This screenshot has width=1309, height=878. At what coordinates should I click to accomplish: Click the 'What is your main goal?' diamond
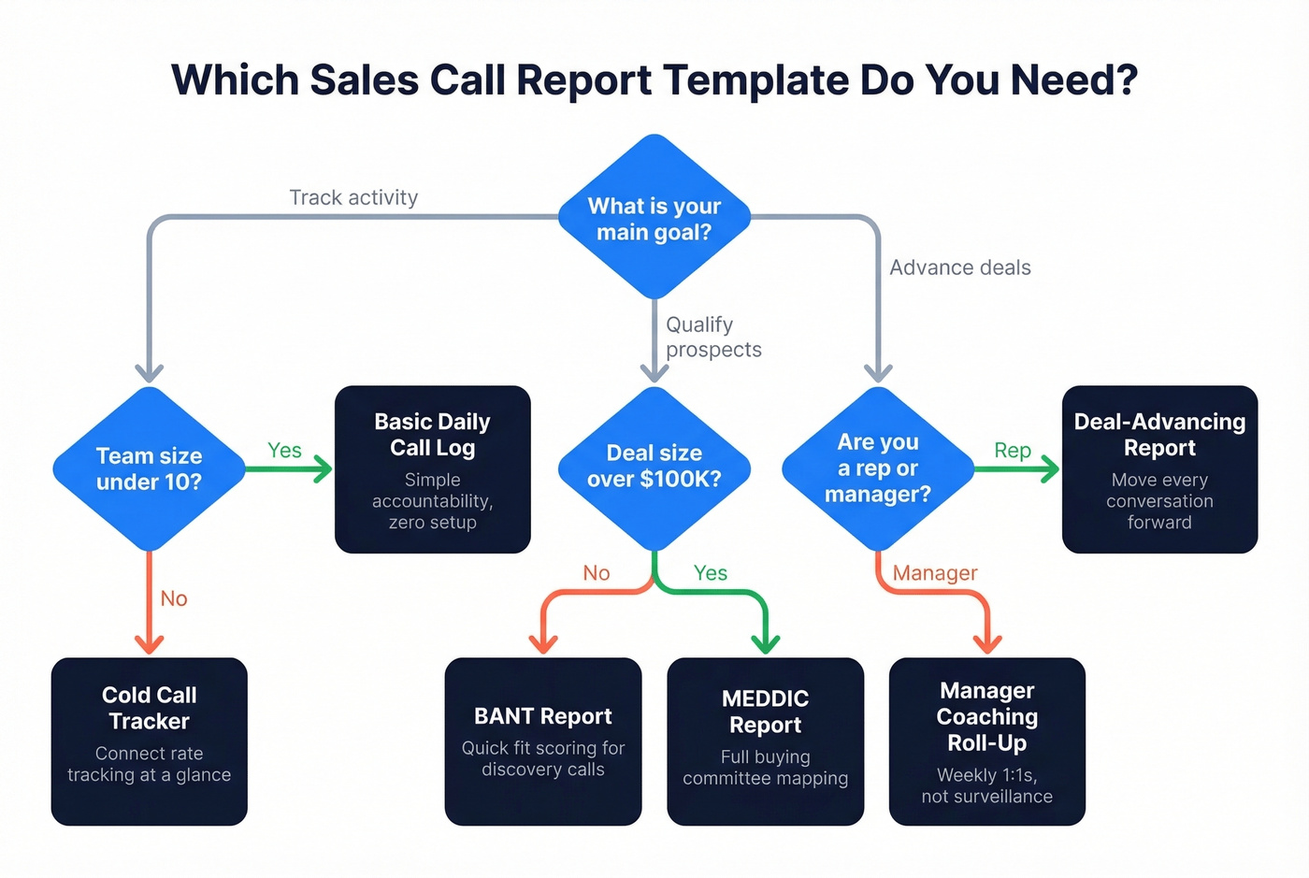pyautogui.click(x=654, y=218)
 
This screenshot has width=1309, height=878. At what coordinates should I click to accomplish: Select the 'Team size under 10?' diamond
pyautogui.click(x=150, y=468)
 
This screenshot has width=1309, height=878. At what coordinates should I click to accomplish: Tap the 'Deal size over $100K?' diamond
pyautogui.click(x=654, y=467)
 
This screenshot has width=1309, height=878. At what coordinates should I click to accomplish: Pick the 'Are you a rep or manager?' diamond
pyautogui.click(x=878, y=468)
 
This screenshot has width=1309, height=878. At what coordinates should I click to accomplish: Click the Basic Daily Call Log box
pyautogui.click(x=433, y=469)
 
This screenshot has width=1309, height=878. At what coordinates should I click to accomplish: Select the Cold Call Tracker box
pyautogui.click(x=150, y=741)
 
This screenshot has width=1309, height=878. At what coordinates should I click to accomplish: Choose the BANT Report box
pyautogui.click(x=543, y=741)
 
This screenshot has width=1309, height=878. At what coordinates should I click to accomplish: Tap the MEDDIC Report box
pyautogui.click(x=766, y=741)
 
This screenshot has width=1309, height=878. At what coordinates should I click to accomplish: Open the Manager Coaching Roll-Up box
pyautogui.click(x=987, y=741)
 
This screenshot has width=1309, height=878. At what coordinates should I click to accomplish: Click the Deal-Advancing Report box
pyautogui.click(x=1159, y=469)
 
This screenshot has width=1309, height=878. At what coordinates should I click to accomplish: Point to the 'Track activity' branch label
pyautogui.click(x=353, y=197)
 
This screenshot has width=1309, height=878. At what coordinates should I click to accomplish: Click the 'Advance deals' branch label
pyautogui.click(x=960, y=267)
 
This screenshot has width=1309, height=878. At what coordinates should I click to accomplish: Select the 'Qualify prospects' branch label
pyautogui.click(x=712, y=337)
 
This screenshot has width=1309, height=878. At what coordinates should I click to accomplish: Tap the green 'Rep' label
pyautogui.click(x=1013, y=451)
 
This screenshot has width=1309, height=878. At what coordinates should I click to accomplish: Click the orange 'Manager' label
pyautogui.click(x=935, y=573)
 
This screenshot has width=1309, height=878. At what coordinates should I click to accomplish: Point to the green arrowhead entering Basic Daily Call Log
pyautogui.click(x=323, y=468)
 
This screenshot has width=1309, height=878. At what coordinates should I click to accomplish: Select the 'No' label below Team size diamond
pyautogui.click(x=174, y=598)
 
